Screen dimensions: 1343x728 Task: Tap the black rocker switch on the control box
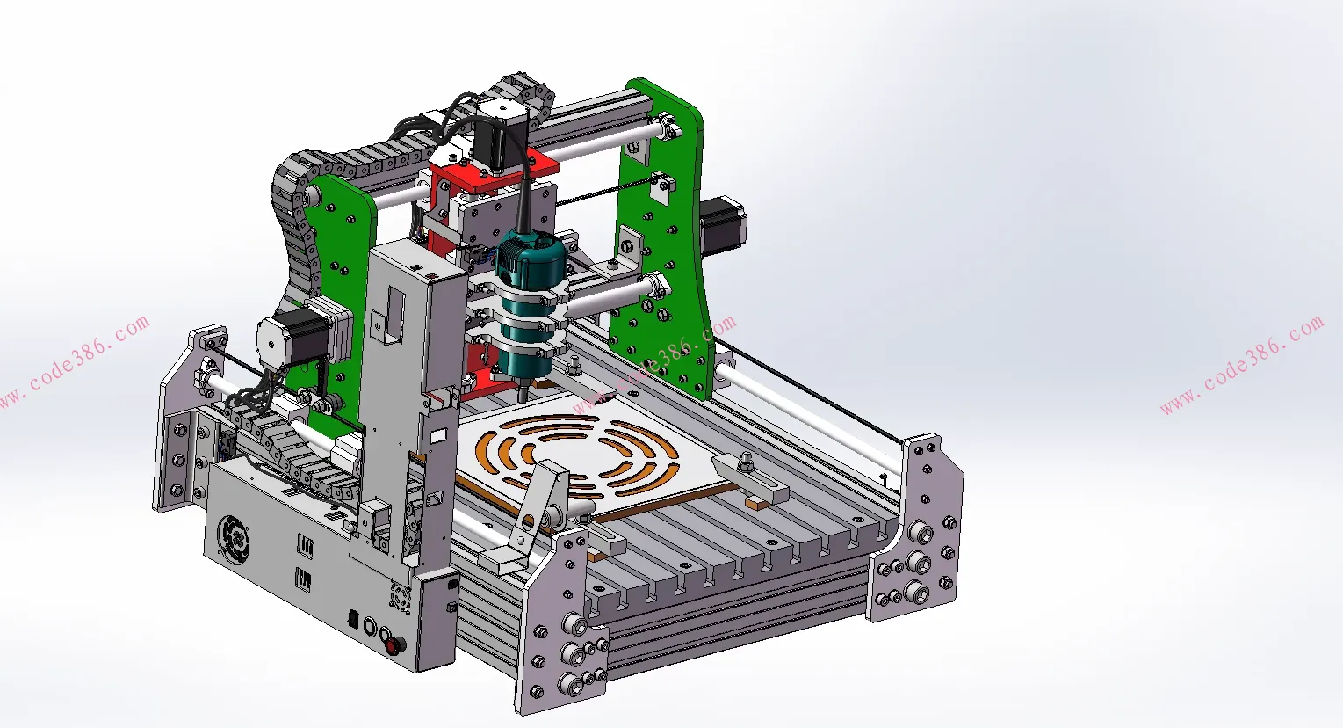pos(354,619)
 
